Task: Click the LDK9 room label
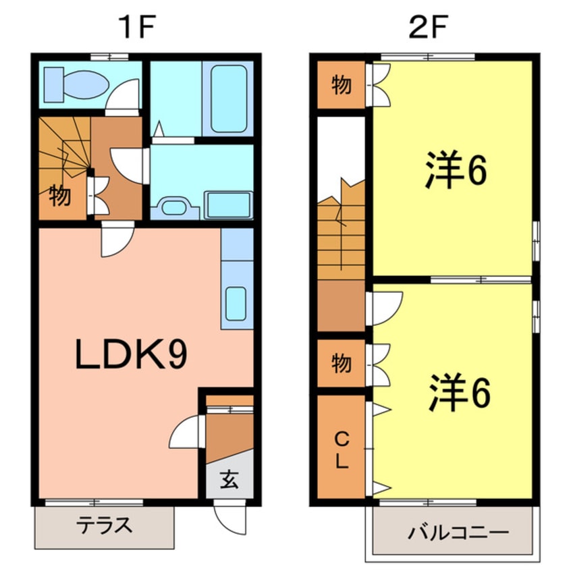pos(131,356)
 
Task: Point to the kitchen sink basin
pos(236,303)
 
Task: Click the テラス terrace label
pos(104,526)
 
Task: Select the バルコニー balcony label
pos(458,532)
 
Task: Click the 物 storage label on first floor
pos(60,196)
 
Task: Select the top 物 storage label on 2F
pos(342,86)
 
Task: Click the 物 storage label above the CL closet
pos(342,364)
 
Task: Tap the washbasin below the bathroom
pos(174,206)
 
